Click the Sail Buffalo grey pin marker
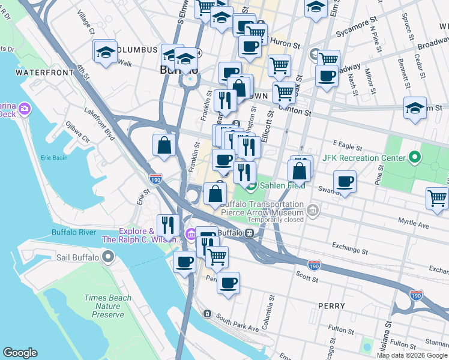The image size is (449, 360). pos(108,257)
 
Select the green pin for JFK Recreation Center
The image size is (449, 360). pos(414,158)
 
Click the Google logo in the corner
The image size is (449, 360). pos(20,353)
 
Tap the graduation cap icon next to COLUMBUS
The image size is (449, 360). pos(105,52)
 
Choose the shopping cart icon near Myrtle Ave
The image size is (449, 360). pos(437,197)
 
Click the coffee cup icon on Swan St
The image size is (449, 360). pos(345,182)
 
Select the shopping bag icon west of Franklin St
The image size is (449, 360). pos(164,145)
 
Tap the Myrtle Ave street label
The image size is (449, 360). pos(414,222)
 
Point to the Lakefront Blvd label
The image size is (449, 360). pos(99,124)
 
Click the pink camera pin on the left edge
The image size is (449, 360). pos(24,109)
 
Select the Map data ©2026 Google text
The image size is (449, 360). pos(411,355)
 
